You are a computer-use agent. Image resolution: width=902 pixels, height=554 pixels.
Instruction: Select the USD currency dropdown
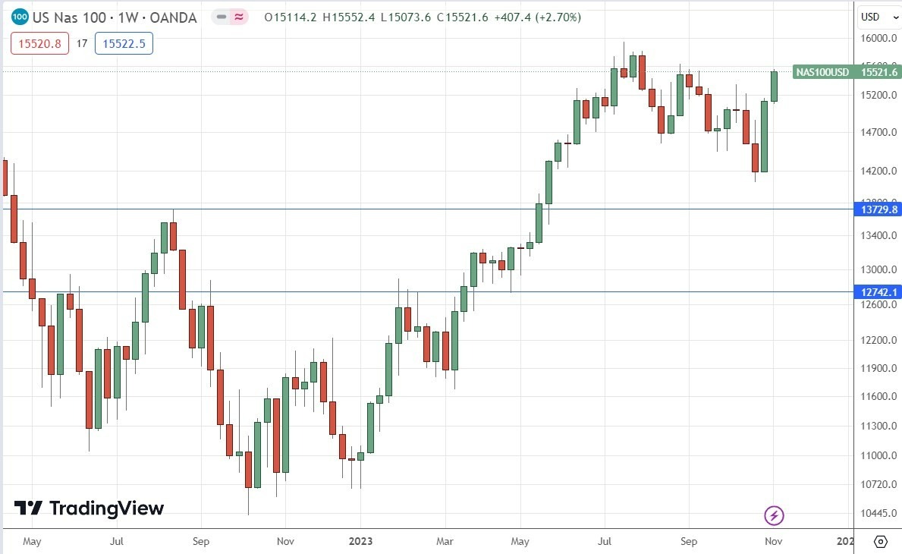875,17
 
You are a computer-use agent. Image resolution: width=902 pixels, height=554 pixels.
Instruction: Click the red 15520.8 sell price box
39,44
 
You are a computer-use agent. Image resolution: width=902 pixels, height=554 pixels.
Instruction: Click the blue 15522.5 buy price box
124,44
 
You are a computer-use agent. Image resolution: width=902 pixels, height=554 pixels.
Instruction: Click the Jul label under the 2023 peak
605,542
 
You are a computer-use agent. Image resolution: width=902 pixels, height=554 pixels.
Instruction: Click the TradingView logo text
106,508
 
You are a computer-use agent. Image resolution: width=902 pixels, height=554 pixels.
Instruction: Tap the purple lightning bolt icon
773,516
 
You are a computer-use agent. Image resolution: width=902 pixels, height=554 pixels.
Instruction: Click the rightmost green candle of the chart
774,86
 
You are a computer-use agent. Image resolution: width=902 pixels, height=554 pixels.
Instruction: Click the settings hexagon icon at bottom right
880,542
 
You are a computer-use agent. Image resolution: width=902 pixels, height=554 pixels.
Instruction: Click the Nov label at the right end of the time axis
773,542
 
